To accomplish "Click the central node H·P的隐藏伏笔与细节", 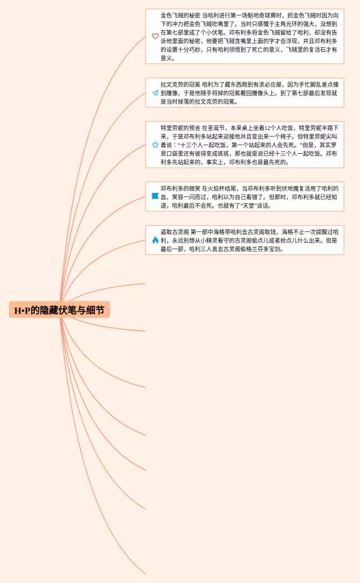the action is tap(59, 310).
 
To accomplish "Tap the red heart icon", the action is tap(155, 37).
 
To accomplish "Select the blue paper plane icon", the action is tap(155, 93).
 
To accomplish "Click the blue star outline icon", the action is tap(155, 145).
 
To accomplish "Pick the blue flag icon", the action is tap(155, 196).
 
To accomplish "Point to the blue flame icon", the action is tap(155, 240).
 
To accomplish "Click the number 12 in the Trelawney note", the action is tap(256, 128).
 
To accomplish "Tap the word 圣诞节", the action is tap(211, 128).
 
